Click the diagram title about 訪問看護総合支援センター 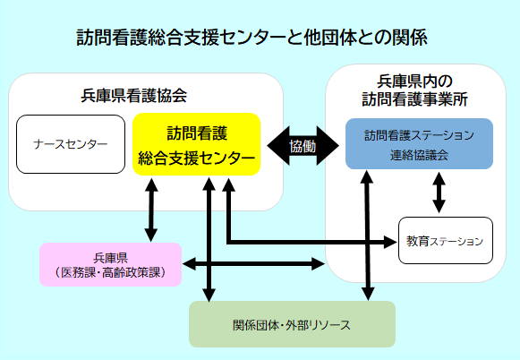point(251,38)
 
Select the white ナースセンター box point(71,144)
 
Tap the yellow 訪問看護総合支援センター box point(196,144)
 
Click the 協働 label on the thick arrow point(303,146)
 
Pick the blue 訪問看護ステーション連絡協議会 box point(419,143)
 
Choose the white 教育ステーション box point(446,241)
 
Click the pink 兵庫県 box point(110,264)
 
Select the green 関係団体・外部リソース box point(292,324)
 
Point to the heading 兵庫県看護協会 point(134,96)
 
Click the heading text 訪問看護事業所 point(414,99)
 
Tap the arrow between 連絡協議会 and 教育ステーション point(439,193)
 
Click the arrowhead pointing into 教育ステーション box point(390,242)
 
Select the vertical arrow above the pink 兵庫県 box point(151,210)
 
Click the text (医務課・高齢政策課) point(110,273)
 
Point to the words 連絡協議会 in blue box point(419,155)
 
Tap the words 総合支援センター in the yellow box point(196,158)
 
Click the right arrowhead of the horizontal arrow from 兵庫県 point(318,264)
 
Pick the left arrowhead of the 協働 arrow point(278,146)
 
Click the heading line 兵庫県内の point(414,81)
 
